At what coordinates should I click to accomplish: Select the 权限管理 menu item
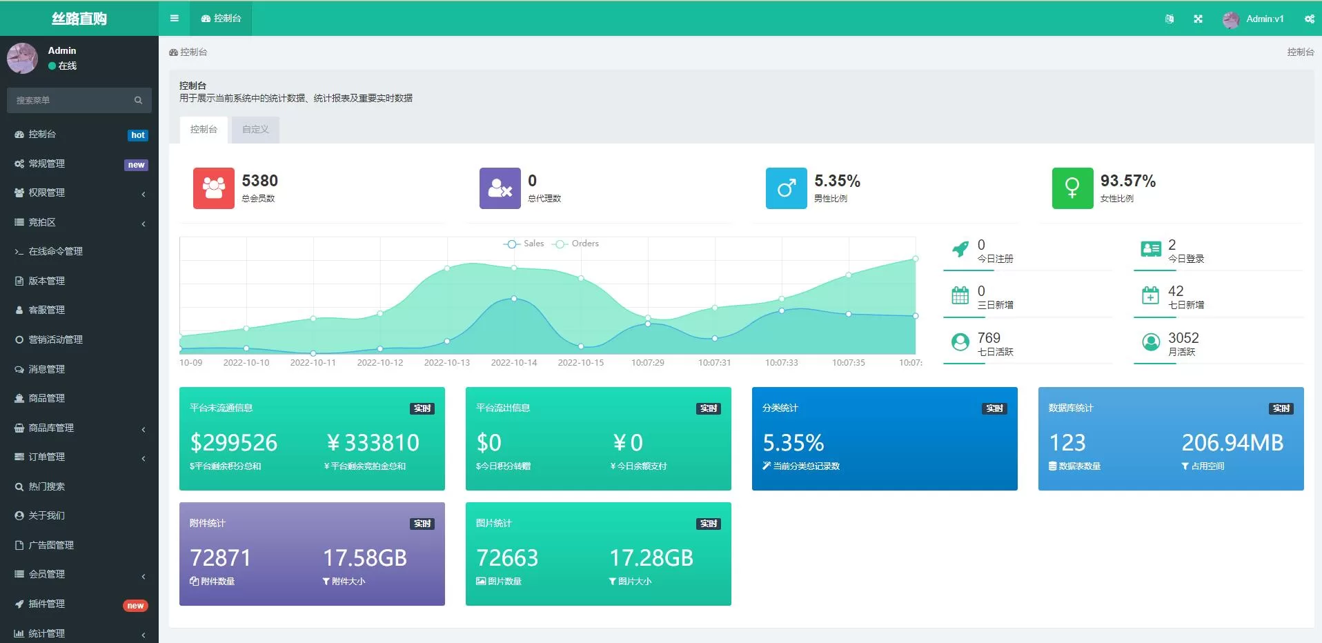(47, 193)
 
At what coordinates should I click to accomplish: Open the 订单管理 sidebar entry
(47, 457)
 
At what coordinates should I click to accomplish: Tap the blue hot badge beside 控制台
(138, 135)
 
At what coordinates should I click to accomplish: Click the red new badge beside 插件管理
(135, 606)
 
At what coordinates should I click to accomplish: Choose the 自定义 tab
(255, 130)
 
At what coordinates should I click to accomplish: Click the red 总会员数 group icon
(213, 188)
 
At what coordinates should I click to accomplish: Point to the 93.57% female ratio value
(1127, 181)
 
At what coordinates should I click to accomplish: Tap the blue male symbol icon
(786, 188)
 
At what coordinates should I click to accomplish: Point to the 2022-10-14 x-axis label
(513, 363)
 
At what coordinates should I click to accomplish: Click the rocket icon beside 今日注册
(960, 249)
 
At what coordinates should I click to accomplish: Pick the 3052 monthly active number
(1183, 338)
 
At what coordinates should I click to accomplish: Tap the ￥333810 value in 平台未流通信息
(373, 442)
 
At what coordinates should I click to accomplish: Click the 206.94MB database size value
(1232, 442)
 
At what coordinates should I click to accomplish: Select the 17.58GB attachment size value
(365, 557)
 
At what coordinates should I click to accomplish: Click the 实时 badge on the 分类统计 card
(994, 408)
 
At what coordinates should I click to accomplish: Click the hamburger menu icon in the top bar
(175, 19)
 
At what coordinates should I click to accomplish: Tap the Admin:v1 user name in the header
(1265, 19)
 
